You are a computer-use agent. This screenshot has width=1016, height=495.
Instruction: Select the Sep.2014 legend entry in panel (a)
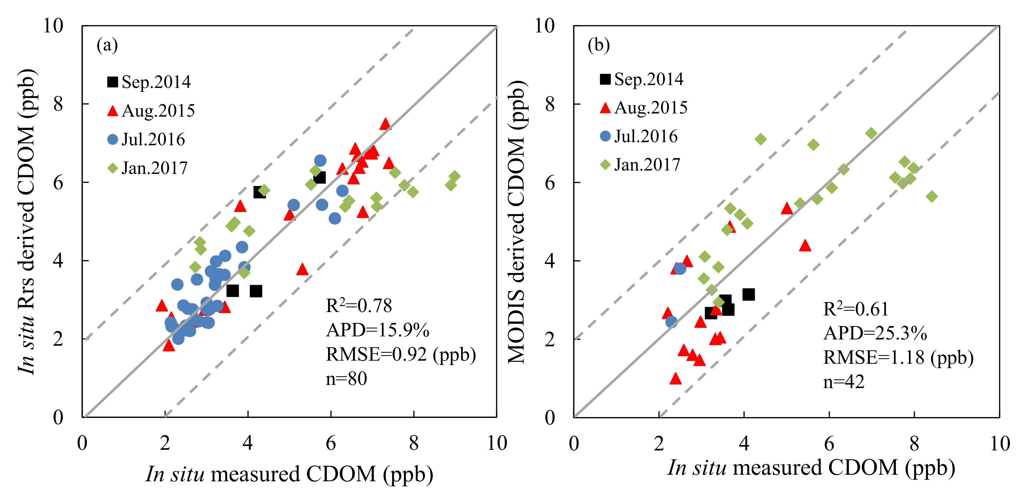pos(149,82)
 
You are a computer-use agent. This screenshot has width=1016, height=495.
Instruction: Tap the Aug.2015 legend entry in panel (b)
pos(644,108)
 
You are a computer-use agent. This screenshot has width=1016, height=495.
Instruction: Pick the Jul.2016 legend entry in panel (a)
pos(146,140)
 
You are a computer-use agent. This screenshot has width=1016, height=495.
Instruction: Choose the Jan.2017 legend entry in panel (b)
pos(641,165)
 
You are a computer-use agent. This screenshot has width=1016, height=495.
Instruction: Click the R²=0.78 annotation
pos(359,306)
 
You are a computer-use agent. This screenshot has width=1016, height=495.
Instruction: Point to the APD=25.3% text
pos(875,334)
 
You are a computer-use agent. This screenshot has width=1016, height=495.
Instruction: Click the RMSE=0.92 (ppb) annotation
pos(401,354)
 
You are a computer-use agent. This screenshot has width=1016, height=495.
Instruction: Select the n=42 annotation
pos(844,382)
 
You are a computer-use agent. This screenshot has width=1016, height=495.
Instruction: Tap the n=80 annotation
pos(346,379)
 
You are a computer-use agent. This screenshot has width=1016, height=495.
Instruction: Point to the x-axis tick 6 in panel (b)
pos(829,444)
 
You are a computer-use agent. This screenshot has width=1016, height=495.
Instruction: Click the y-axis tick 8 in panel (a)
pos(58,104)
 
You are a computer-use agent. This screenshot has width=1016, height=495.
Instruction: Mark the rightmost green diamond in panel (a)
pos(455,176)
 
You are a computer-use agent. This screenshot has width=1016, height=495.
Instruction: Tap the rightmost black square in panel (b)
pos(748,294)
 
